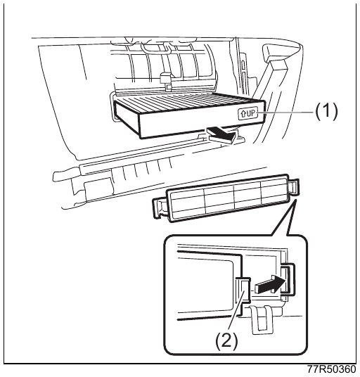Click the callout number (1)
326,112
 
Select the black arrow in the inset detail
271,284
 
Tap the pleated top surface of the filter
190,102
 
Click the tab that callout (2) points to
245,290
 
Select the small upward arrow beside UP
243,113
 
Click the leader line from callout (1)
285,113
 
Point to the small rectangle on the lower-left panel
98,187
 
